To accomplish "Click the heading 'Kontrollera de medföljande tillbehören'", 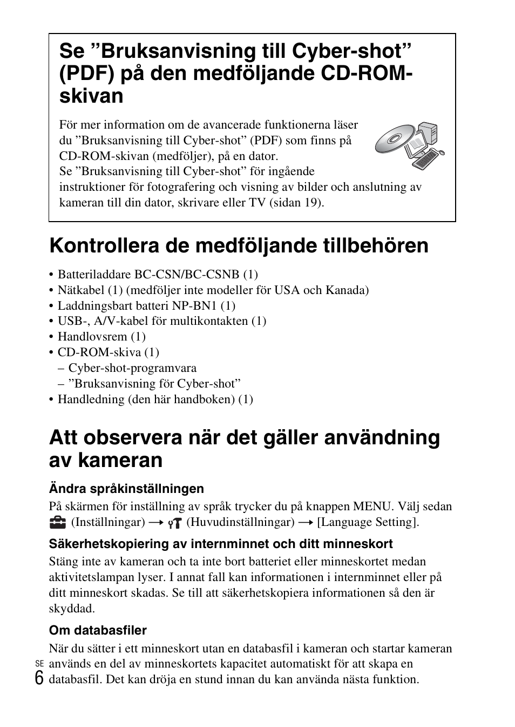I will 239,245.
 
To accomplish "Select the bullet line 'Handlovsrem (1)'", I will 101,336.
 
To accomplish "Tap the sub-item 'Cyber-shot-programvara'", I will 132,368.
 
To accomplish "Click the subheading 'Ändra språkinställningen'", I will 126,489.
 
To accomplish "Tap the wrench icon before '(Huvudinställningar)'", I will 174,523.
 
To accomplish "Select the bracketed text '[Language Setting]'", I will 368,522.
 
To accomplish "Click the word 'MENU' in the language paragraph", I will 372,506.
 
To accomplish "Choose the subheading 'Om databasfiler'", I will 98,630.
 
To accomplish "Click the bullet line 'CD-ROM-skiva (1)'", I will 108,352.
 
